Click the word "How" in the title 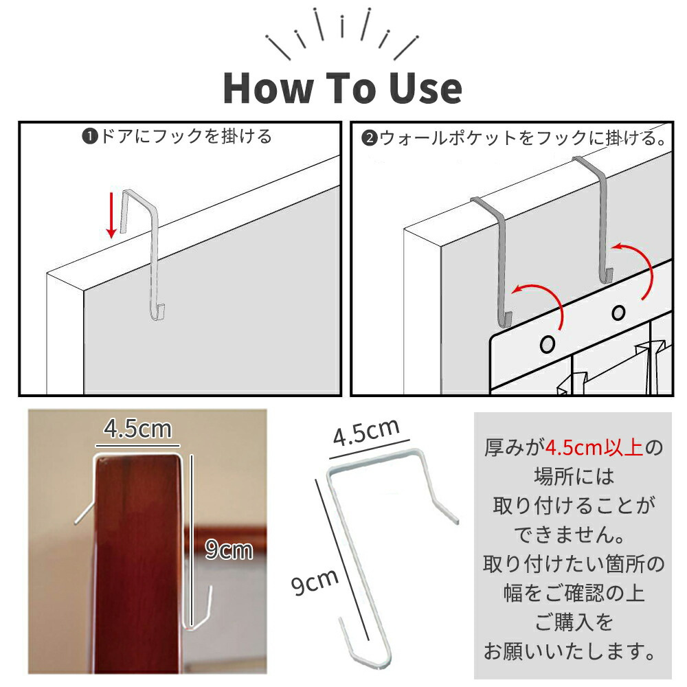tap(268, 88)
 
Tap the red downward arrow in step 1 tap(112, 215)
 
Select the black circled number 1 tap(89, 137)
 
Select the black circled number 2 tap(369, 138)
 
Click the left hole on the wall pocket tap(548, 344)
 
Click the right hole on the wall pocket tap(618, 313)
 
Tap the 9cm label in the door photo tap(229, 550)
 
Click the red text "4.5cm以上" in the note tap(594, 448)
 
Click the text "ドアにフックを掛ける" tap(186, 136)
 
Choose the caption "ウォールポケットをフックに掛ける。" tap(523, 138)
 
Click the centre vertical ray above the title tap(341, 27)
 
